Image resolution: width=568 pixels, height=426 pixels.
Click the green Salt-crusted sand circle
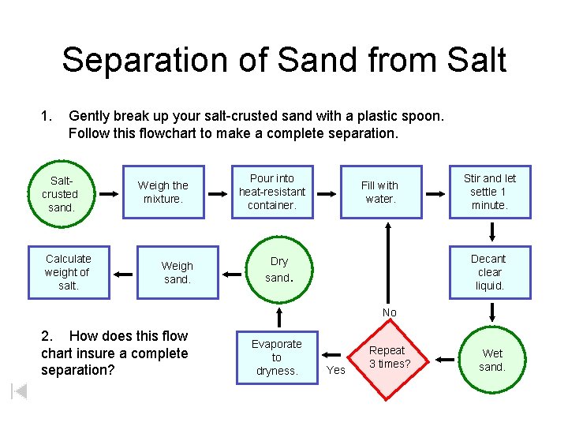point(60,193)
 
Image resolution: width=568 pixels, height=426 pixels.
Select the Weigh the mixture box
point(163,192)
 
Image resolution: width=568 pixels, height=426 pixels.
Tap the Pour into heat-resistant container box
point(271,192)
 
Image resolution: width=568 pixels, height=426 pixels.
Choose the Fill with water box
point(379,192)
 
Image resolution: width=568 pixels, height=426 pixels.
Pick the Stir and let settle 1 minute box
point(489,192)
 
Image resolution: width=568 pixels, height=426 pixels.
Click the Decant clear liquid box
point(489,272)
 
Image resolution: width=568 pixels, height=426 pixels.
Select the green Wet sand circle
point(492,361)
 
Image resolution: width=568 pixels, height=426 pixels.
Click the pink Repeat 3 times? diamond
point(387,357)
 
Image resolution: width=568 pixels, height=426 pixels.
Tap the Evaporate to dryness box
point(276,357)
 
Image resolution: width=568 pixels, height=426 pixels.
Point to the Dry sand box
point(278,270)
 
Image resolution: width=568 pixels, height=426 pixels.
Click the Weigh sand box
point(177,272)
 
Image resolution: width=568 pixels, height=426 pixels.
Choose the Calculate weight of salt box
point(68,272)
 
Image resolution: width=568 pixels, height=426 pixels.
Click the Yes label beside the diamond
point(336,369)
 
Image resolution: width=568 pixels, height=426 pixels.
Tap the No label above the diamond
point(390,312)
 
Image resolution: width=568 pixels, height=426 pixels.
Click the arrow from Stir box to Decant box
point(491,231)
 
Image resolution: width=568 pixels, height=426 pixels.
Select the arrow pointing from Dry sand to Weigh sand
point(232,274)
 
